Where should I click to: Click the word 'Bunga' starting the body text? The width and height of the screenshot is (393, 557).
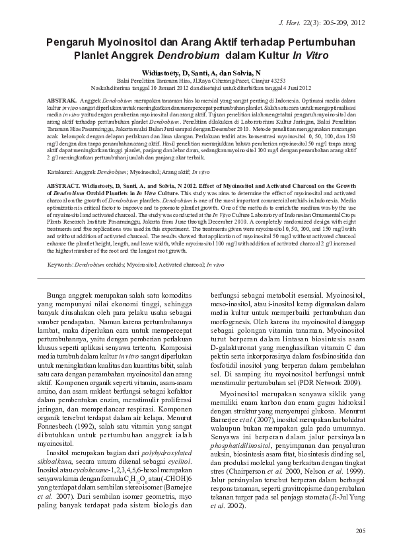point(52,293)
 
